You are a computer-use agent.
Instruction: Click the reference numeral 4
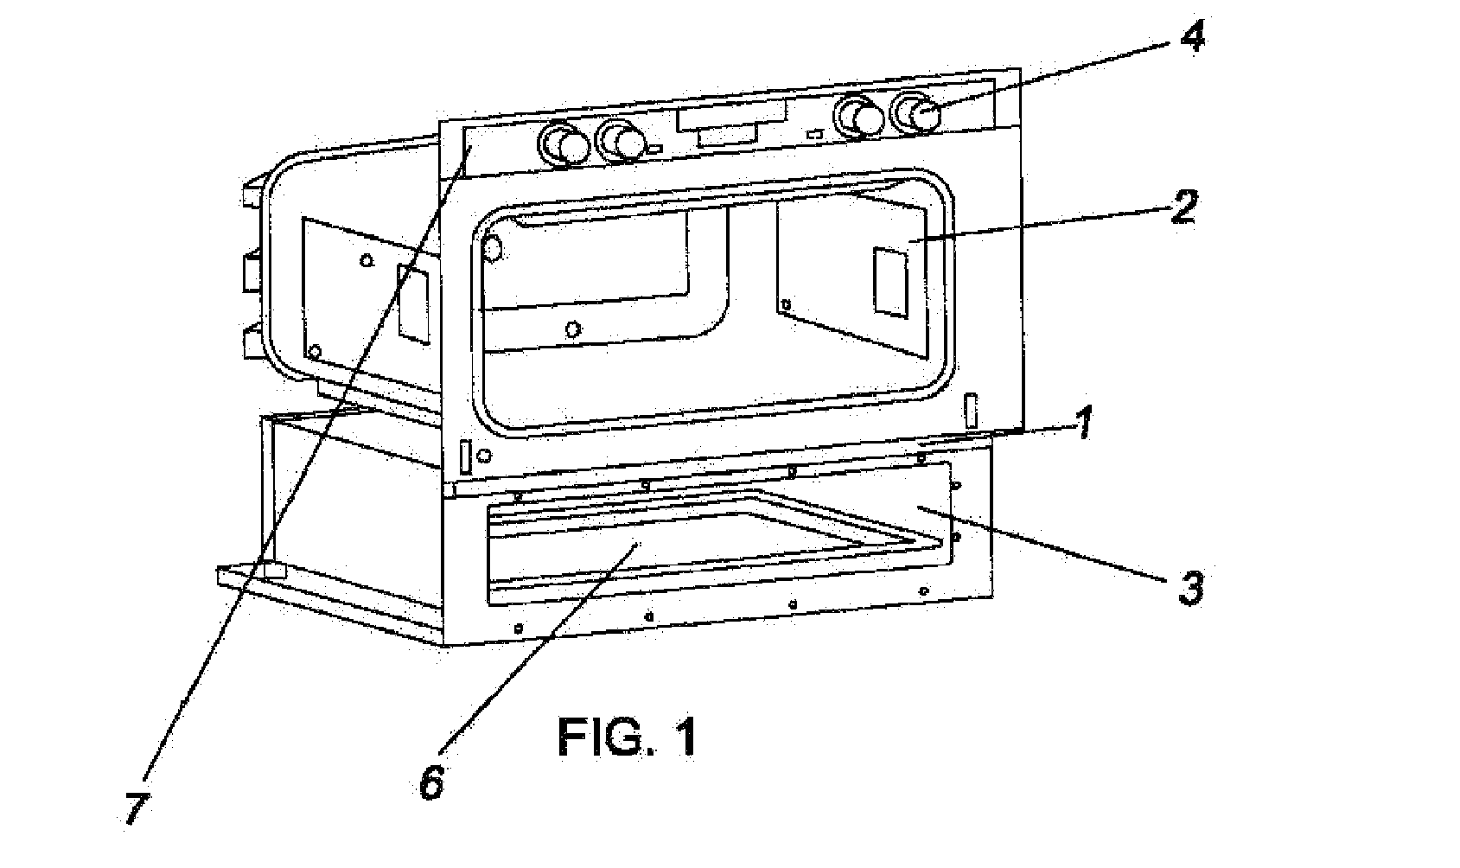click(x=1192, y=39)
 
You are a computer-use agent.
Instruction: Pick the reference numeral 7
click(x=136, y=808)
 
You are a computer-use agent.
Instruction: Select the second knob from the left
click(x=622, y=141)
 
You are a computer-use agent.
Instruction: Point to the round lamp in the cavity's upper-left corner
click(x=493, y=250)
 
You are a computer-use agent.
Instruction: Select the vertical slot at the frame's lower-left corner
click(x=465, y=457)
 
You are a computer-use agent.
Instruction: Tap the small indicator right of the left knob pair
click(x=656, y=149)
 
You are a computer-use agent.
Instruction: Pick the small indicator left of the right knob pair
click(x=813, y=134)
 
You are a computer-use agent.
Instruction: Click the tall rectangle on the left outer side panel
click(x=412, y=301)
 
